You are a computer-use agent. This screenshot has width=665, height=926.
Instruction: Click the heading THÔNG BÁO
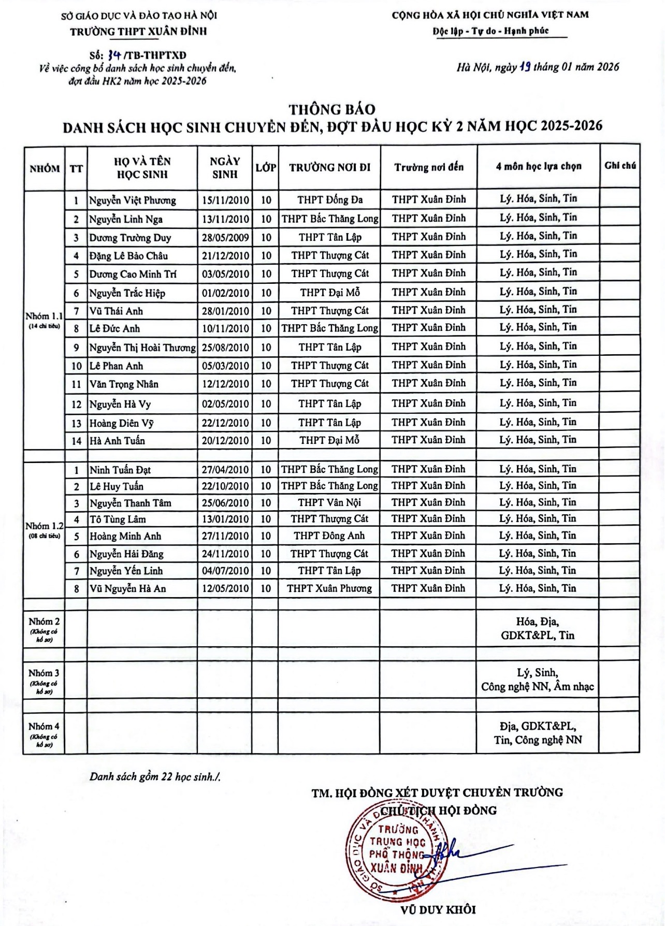tap(332, 109)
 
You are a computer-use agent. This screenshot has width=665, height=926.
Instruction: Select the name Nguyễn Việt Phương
tap(133, 200)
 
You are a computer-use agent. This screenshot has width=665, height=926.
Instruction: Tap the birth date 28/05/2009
tap(225, 238)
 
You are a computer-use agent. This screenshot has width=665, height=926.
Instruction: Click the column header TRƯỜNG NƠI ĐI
tap(329, 167)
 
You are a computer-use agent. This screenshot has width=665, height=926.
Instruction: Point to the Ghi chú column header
tap(620, 166)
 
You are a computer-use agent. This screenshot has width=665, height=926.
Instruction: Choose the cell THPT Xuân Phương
tap(329, 588)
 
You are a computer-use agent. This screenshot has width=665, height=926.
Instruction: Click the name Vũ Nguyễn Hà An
tap(128, 588)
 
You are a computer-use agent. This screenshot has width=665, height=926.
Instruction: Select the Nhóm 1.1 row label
tap(44, 316)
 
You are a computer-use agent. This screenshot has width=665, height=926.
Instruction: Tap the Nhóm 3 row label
tap(44, 673)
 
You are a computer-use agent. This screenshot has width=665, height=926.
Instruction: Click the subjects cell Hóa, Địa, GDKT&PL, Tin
tap(538, 628)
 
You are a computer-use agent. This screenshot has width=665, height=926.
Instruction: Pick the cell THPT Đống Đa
tap(329, 199)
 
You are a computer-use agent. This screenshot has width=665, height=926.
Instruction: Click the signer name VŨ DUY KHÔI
tap(438, 909)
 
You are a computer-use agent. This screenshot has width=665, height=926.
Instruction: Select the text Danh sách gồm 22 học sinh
tap(155, 776)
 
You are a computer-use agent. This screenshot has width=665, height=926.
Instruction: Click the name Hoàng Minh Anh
tap(125, 536)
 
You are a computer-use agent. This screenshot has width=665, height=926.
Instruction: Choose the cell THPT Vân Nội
tap(329, 502)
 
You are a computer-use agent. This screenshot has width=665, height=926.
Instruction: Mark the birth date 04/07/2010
tap(225, 571)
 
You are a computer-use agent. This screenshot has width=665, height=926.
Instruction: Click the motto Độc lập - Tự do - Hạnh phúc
tap(490, 31)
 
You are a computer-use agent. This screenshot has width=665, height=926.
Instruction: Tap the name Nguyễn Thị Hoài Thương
tap(142, 348)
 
